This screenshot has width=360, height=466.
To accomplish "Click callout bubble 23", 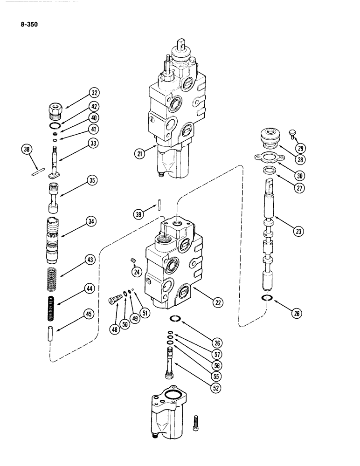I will click(299, 229).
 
